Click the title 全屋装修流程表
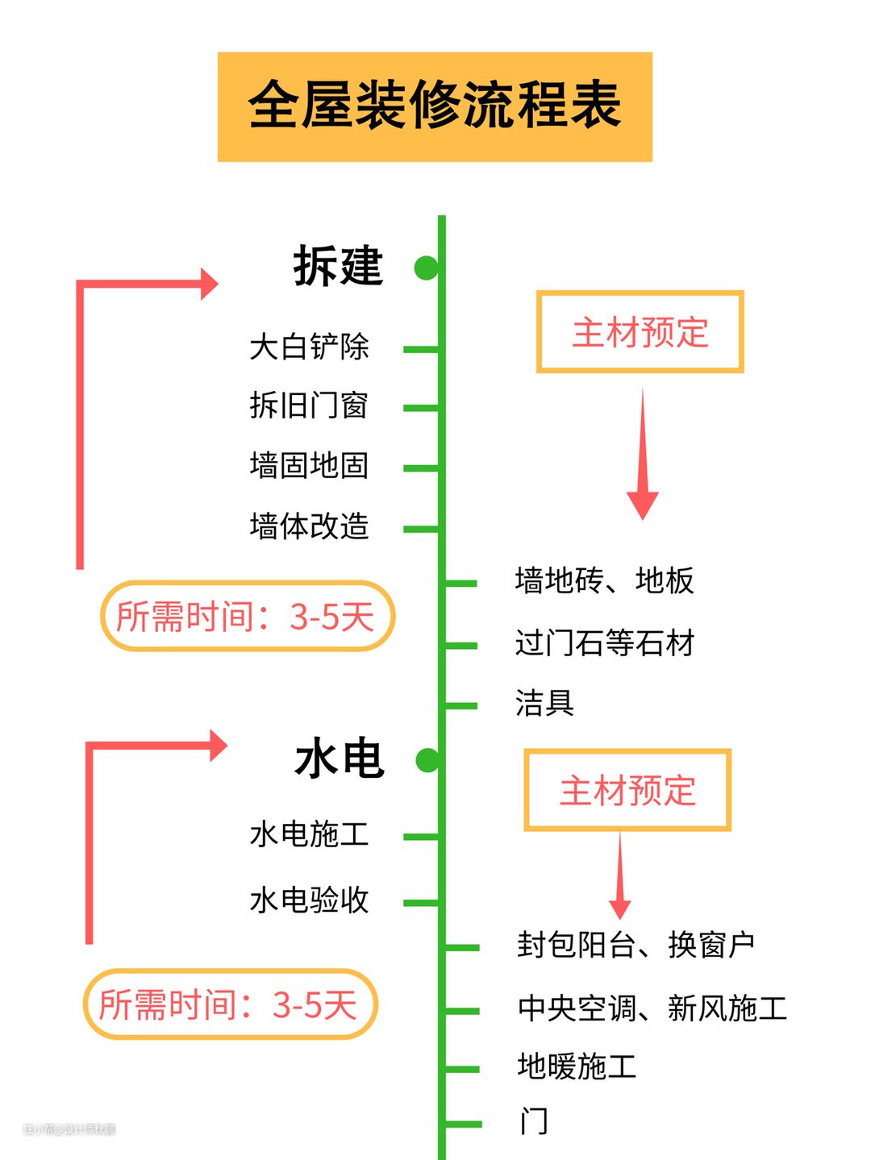click(x=435, y=106)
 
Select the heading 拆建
click(x=338, y=266)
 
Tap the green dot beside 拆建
click(x=426, y=268)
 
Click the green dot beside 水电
click(x=427, y=759)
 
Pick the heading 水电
click(x=340, y=759)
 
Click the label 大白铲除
click(x=309, y=347)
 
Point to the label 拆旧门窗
click(x=309, y=405)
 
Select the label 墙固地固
click(x=309, y=466)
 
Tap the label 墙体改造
click(x=309, y=526)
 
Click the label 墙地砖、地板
click(x=604, y=580)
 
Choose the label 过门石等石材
click(x=604, y=643)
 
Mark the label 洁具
click(x=544, y=703)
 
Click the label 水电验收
click(x=309, y=900)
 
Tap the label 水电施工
click(x=309, y=834)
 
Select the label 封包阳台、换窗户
click(x=636, y=945)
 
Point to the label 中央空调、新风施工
click(x=652, y=1008)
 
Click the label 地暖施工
click(x=577, y=1066)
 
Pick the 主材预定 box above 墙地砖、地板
click(x=640, y=332)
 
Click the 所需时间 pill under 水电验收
click(x=230, y=1004)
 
